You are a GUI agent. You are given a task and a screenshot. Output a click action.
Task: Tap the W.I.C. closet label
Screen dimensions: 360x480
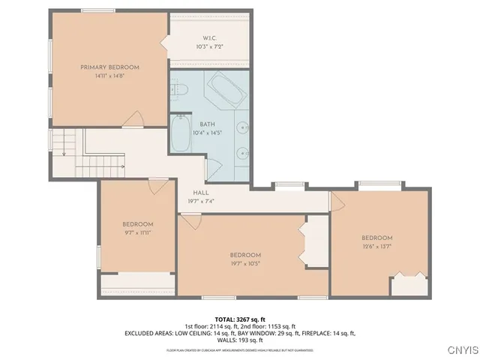click(209, 37)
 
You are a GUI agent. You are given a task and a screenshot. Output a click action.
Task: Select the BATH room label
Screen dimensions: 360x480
click(208, 124)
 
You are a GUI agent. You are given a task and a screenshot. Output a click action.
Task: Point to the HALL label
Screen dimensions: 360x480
click(201, 193)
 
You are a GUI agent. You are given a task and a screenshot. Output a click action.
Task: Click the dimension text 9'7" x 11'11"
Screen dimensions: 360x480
click(138, 232)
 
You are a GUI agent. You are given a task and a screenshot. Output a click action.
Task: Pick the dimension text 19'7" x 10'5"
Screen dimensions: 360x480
click(245, 263)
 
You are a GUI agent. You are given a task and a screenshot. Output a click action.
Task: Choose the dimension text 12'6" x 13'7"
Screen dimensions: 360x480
click(376, 246)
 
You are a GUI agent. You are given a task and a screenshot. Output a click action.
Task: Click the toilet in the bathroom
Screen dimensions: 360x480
click(180, 90)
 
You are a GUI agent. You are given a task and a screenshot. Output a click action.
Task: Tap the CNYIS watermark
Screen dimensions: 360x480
click(459, 349)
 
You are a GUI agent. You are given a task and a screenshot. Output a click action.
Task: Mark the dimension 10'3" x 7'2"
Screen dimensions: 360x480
click(209, 46)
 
